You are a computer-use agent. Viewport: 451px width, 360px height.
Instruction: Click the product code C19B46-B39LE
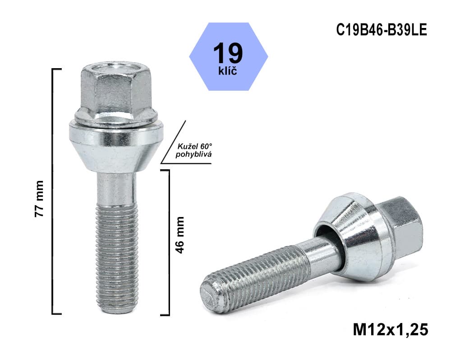[x=381, y=30]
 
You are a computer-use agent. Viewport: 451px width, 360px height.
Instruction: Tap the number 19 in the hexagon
[x=228, y=53]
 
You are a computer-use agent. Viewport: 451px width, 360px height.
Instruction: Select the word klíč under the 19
[x=228, y=71]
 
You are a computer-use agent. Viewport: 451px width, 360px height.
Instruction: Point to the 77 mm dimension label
[x=39, y=198]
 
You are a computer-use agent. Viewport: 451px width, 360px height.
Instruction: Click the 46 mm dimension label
[x=180, y=235]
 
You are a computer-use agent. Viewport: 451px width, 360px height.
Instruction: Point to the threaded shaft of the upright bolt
[x=116, y=257]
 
